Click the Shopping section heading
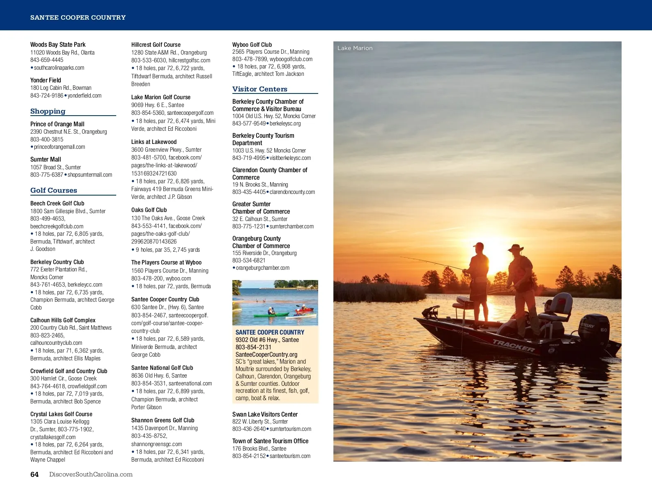(x=48, y=111)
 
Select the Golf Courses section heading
(x=53, y=190)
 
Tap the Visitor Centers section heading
(x=259, y=89)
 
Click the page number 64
(x=34, y=474)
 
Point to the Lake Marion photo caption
(x=355, y=48)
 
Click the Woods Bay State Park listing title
(x=58, y=44)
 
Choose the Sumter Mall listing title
(x=46, y=159)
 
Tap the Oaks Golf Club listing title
(x=149, y=210)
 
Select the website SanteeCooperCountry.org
(x=266, y=354)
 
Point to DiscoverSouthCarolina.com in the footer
(x=91, y=474)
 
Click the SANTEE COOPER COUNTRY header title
(x=78, y=17)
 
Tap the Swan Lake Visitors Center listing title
(x=265, y=414)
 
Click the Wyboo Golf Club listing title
(x=252, y=44)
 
